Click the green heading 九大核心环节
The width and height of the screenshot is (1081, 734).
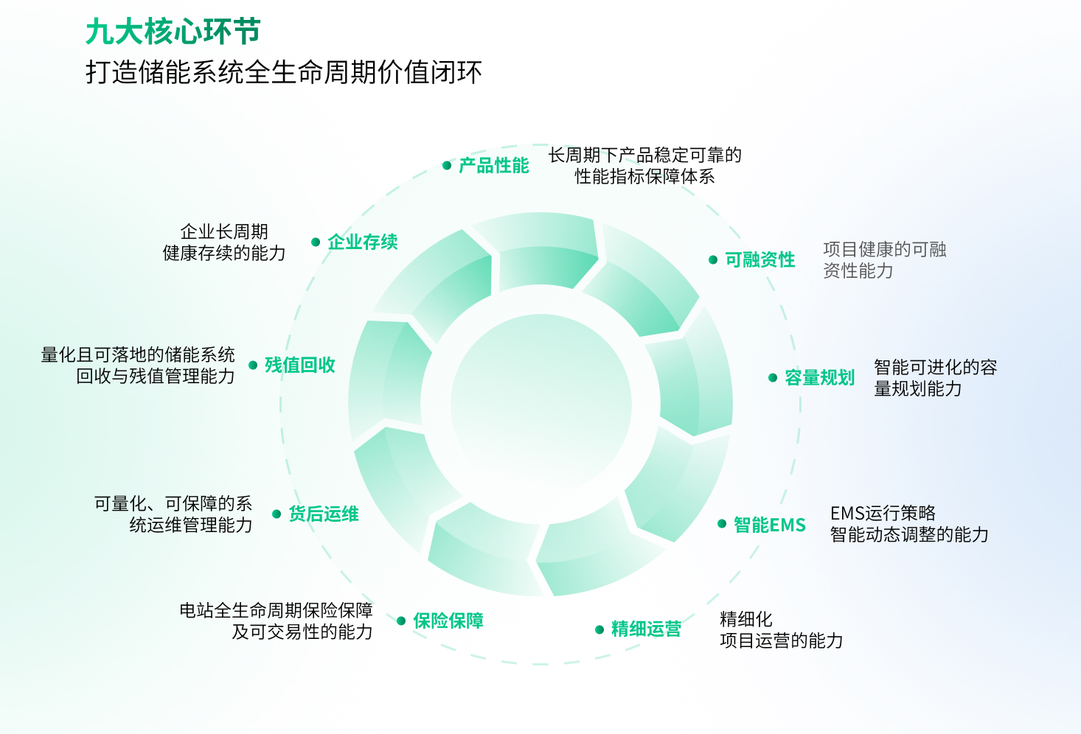pyautogui.click(x=173, y=32)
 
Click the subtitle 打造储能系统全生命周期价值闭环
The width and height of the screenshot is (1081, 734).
pyautogui.click(x=284, y=72)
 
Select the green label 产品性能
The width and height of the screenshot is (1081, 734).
pyautogui.click(x=493, y=166)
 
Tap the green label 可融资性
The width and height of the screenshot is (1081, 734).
pyautogui.click(x=760, y=260)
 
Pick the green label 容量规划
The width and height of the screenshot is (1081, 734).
pyautogui.click(x=819, y=378)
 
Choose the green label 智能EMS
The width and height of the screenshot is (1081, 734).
pyautogui.click(x=769, y=525)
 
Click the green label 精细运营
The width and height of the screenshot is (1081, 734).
pyautogui.click(x=646, y=629)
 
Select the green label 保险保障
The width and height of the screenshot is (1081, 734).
pyautogui.click(x=448, y=621)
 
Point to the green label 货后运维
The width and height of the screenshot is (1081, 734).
pyautogui.click(x=323, y=514)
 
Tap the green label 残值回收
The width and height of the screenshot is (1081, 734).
pyautogui.click(x=299, y=366)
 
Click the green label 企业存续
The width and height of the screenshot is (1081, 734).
pyautogui.click(x=362, y=242)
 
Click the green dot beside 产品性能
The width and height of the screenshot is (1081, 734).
pyautogui.click(x=447, y=166)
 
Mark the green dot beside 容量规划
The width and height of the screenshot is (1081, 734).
pyautogui.click(x=773, y=378)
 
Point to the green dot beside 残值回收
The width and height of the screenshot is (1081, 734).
pyautogui.click(x=253, y=366)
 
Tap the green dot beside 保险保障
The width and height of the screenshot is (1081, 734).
pyautogui.click(x=401, y=621)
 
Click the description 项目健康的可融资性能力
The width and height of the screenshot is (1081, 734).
pyautogui.click(x=884, y=260)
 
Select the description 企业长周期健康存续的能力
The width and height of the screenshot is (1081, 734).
pyautogui.click(x=224, y=242)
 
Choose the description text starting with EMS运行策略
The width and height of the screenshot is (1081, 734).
pyautogui.click(x=908, y=524)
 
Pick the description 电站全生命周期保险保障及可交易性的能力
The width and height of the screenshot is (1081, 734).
pyautogui.click(x=277, y=621)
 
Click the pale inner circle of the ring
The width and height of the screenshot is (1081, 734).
pyautogui.click(x=540, y=405)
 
